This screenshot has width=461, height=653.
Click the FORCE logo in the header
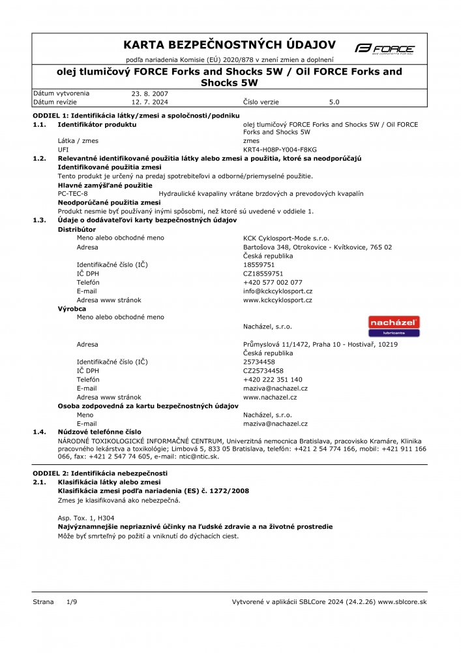[385, 48]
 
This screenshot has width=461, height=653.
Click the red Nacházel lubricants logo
[394, 326]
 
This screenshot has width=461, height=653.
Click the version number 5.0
[335, 103]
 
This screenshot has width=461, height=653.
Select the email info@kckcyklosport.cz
[278, 291]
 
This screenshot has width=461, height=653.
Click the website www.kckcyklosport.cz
[277, 300]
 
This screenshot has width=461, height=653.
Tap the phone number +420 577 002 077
[273, 282]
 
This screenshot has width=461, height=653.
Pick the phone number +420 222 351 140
[273, 379]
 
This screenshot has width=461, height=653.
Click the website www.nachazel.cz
[270, 397]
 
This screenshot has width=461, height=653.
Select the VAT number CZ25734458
[263, 370]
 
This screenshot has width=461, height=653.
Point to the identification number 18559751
[259, 264]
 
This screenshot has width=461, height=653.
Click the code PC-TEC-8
[73, 194]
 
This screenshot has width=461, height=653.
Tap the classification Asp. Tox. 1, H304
[81, 517]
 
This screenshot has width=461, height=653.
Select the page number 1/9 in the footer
[72, 601]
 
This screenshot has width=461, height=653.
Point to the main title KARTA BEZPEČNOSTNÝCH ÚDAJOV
[230, 44]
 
